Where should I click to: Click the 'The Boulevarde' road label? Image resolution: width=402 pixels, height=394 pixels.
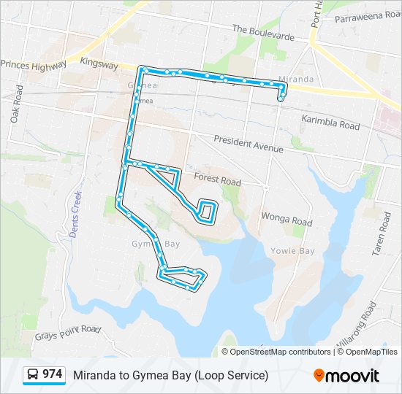(263, 33)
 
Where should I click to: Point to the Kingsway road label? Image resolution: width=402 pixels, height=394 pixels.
(99, 64)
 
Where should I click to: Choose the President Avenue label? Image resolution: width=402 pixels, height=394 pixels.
(248, 144)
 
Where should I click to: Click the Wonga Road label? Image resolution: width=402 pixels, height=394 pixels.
(287, 219)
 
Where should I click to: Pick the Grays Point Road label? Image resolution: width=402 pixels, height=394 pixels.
(67, 333)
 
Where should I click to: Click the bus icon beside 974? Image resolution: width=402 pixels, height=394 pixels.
(32, 375)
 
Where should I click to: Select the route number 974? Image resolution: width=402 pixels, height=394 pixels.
(52, 374)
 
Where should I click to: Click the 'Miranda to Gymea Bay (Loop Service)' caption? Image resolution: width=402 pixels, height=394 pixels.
(170, 375)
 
